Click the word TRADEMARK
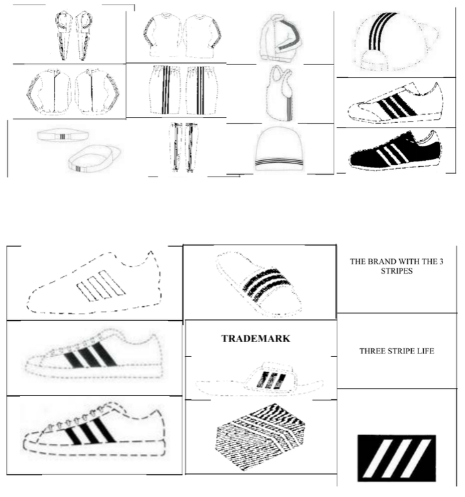pyautogui.click(x=256, y=338)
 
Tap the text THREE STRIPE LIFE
pyautogui.click(x=397, y=350)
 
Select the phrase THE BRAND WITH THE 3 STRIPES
pyautogui.click(x=397, y=266)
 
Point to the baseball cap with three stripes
pyautogui.click(x=392, y=41)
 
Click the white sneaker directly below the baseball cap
pyautogui.click(x=397, y=103)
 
